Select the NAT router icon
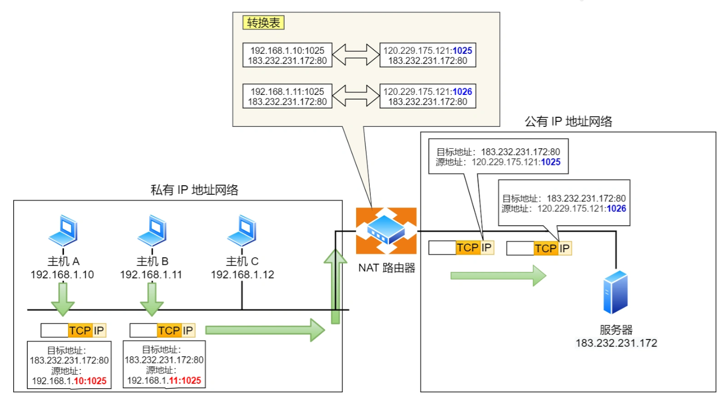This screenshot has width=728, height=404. [386, 230]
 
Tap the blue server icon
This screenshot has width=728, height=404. [616, 293]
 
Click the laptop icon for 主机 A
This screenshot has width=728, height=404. [64, 230]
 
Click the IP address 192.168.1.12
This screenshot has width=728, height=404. [242, 275]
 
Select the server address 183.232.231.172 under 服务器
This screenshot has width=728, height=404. [616, 343]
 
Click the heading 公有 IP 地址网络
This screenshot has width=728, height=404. [569, 122]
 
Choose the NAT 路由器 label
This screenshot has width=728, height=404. [387, 267]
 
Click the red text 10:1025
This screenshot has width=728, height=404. [90, 381]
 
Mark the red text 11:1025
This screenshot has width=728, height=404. [184, 381]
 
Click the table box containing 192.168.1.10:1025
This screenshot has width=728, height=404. [288, 56]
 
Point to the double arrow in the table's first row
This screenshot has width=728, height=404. [356, 55]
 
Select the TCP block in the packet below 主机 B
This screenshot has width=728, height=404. [169, 330]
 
